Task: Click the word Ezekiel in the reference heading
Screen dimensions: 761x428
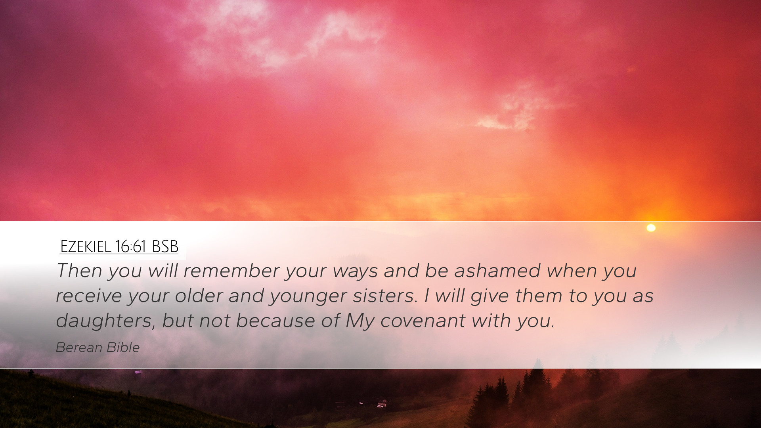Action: (86, 246)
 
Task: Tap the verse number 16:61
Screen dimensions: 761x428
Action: (131, 246)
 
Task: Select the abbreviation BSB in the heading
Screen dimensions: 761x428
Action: (165, 246)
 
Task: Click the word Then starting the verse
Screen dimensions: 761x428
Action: (79, 270)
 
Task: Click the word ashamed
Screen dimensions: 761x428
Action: (497, 270)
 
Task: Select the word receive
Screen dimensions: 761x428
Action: (88, 296)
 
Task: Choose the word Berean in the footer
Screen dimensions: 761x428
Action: (79, 348)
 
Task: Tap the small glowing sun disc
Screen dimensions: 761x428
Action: (651, 228)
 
